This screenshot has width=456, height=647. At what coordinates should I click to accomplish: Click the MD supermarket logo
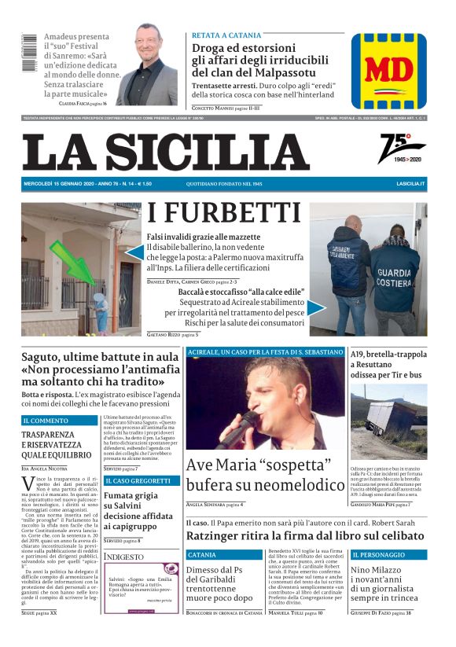[x=388, y=71]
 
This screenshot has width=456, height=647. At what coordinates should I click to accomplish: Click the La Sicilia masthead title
[x=166, y=153]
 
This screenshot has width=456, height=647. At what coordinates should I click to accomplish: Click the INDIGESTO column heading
[x=124, y=556]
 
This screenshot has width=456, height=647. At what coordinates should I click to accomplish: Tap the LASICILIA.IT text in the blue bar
[x=410, y=183]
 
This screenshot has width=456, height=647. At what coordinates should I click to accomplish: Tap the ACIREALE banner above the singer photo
[x=264, y=351]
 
